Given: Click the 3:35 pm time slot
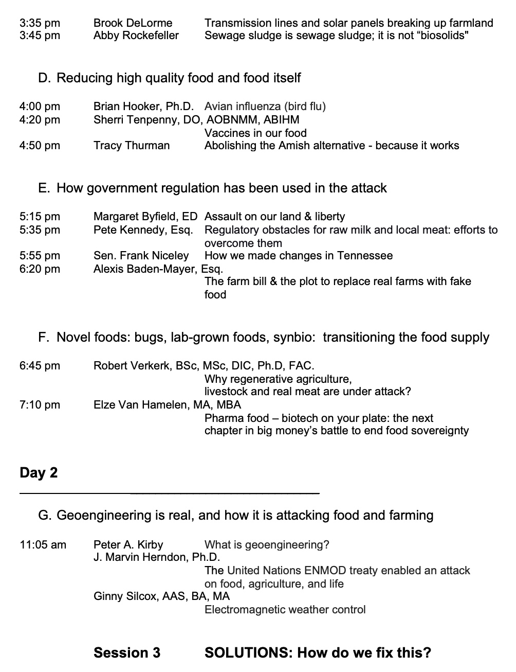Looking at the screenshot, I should pyautogui.click(x=40, y=23).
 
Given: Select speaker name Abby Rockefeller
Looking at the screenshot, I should pyautogui.click(x=136, y=36).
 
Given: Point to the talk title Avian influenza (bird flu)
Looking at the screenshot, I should pyautogui.click(x=265, y=107).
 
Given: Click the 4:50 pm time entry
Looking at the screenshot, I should pyautogui.click(x=40, y=146).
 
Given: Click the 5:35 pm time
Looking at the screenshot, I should pyautogui.click(x=40, y=230).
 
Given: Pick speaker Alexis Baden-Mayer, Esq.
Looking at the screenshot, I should pyautogui.click(x=158, y=269).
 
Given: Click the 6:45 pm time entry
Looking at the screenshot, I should pyautogui.click(x=40, y=366).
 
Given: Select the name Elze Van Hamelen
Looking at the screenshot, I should pyautogui.click(x=141, y=405).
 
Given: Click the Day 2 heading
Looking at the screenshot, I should pyautogui.click(x=39, y=473).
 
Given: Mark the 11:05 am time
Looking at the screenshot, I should pyautogui.click(x=43, y=544).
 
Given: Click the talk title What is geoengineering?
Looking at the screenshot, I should pyautogui.click(x=267, y=544).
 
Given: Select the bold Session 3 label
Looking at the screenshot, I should pyautogui.click(x=126, y=653).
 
